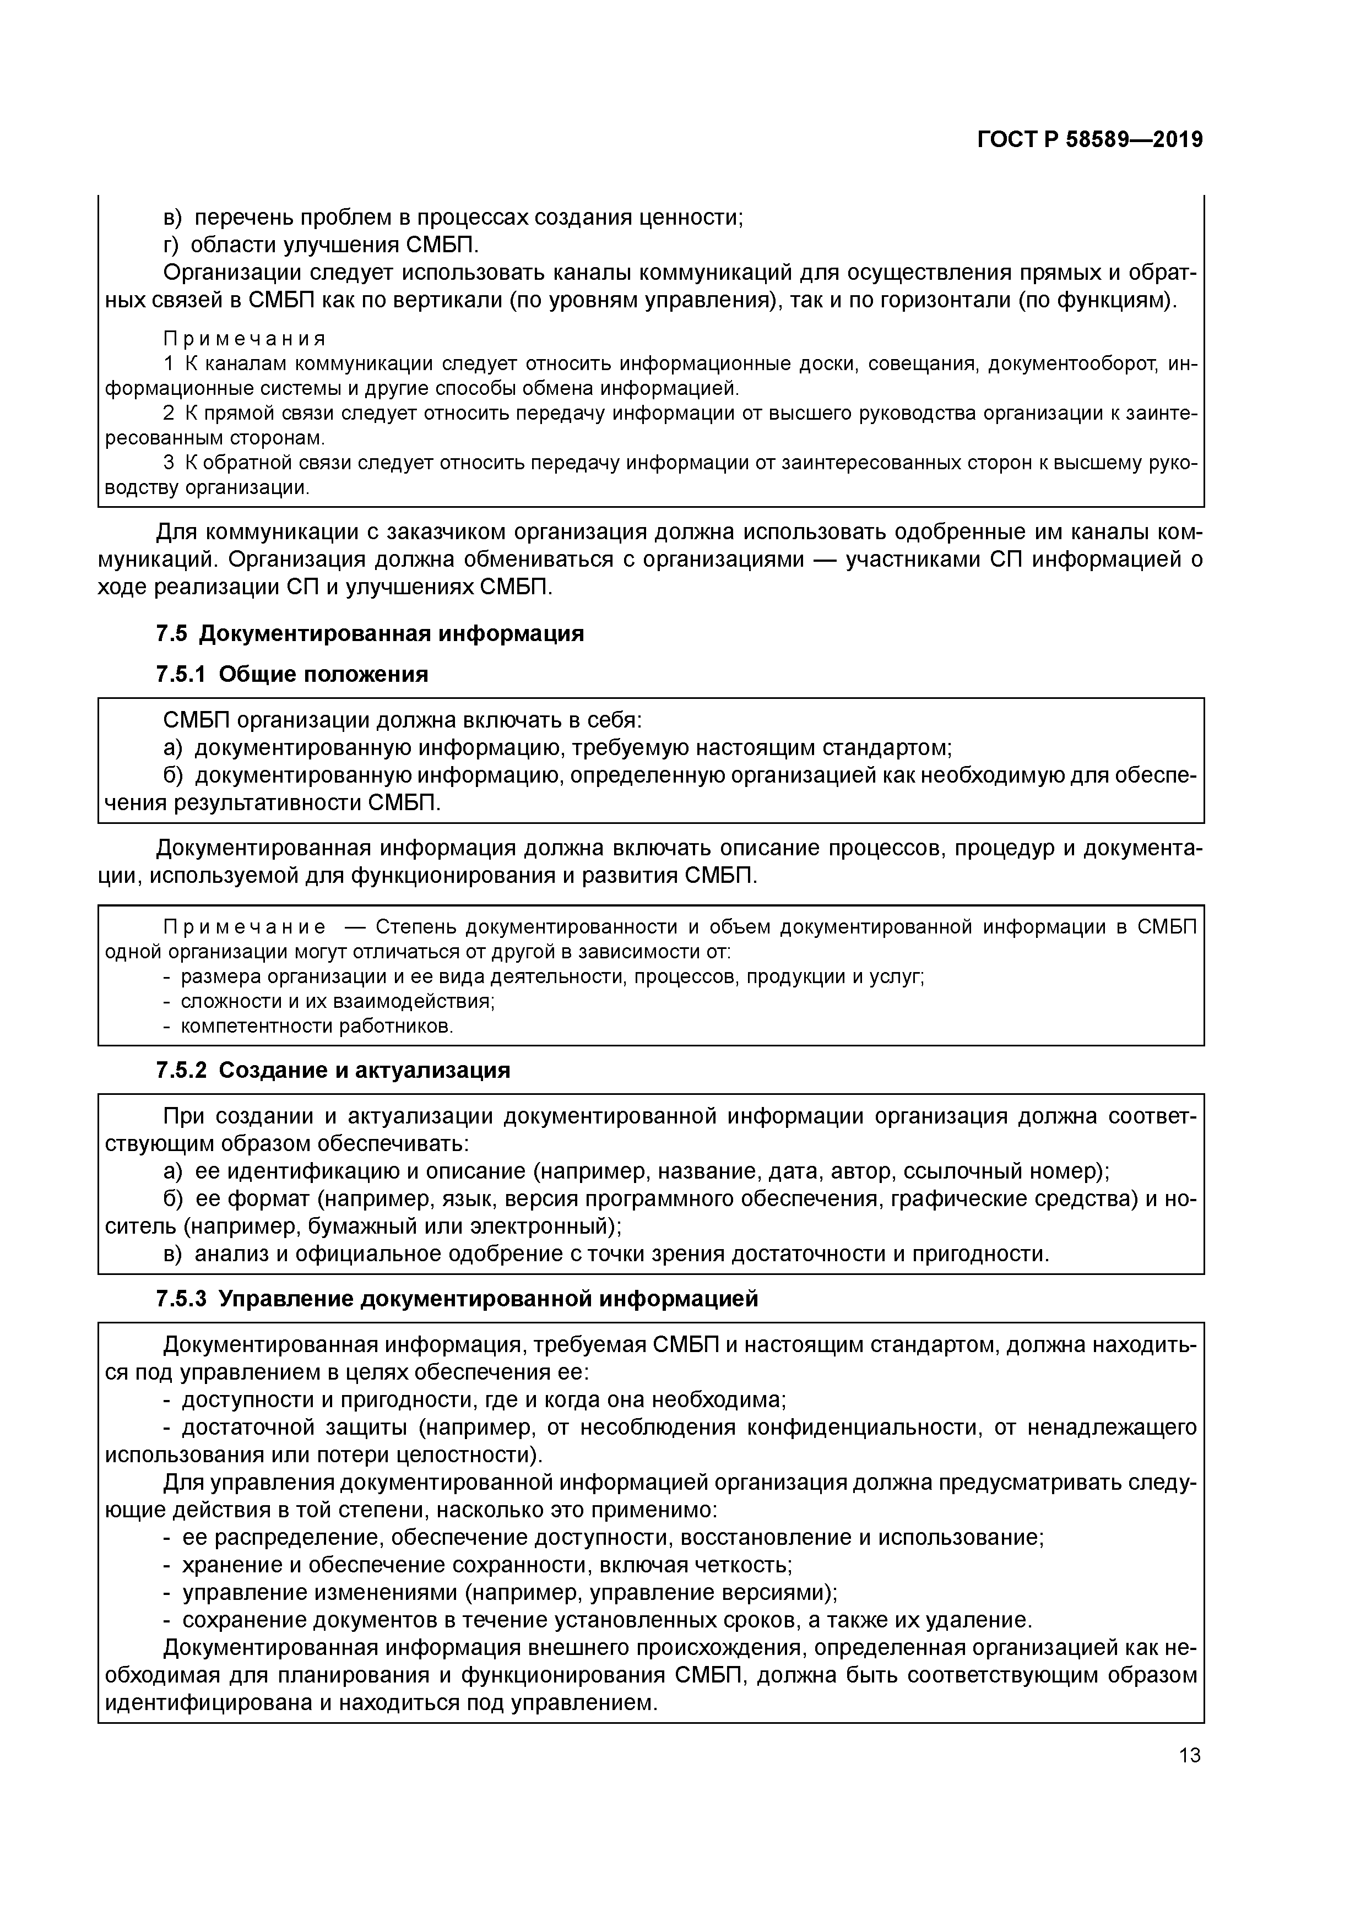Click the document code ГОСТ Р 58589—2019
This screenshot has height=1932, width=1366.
coord(1090,140)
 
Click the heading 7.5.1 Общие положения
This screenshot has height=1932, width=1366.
coord(292,674)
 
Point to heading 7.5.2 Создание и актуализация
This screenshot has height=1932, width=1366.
coord(333,1070)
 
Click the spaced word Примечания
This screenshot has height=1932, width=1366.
coord(244,339)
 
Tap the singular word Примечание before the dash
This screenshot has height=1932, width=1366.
coord(244,927)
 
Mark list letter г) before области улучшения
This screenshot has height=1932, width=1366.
coord(172,245)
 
